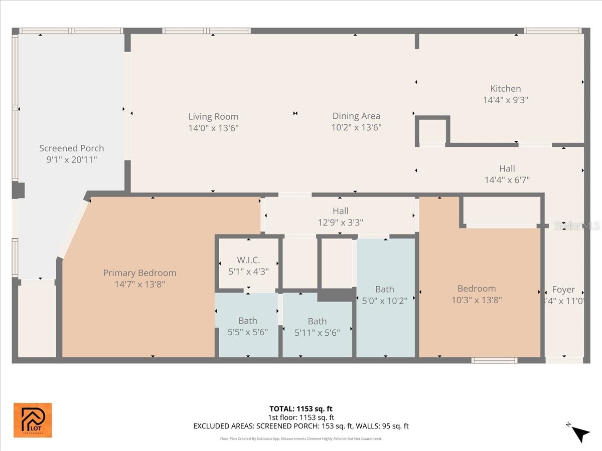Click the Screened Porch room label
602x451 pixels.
[72, 148]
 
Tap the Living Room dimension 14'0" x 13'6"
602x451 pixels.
[213, 128]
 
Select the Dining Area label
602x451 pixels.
[356, 116]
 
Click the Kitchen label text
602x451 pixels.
[505, 89]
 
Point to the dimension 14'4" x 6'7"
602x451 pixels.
[507, 179]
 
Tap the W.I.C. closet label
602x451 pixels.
[248, 261]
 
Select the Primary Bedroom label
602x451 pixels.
[139, 273]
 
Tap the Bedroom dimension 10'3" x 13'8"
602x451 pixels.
[477, 300]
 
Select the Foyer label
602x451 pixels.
[563, 290]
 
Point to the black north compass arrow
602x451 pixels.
[580, 433]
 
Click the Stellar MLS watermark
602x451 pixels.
[576, 226]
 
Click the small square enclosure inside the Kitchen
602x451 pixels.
[432, 131]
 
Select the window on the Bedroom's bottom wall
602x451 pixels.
[494, 360]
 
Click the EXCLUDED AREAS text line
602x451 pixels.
[301, 426]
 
